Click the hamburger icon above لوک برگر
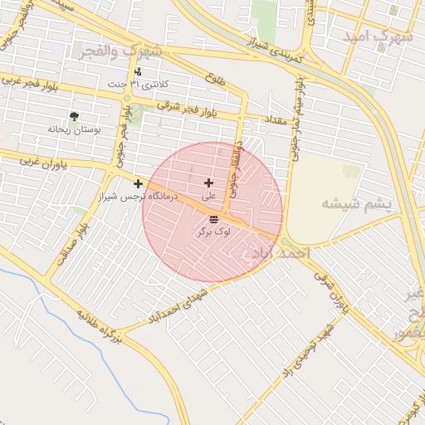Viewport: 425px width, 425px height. point(213,219)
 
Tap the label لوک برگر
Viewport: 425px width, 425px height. point(213,233)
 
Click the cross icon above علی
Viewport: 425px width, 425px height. point(208,183)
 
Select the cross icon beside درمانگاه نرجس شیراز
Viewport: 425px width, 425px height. point(138,183)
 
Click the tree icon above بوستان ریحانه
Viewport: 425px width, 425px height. point(75,115)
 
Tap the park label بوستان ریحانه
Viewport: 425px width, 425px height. point(74,129)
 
